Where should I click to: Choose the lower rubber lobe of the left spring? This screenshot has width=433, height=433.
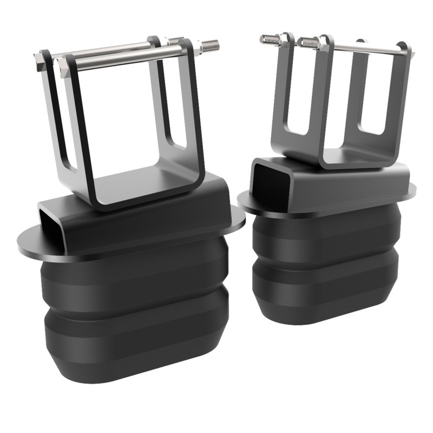[x=135, y=336]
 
